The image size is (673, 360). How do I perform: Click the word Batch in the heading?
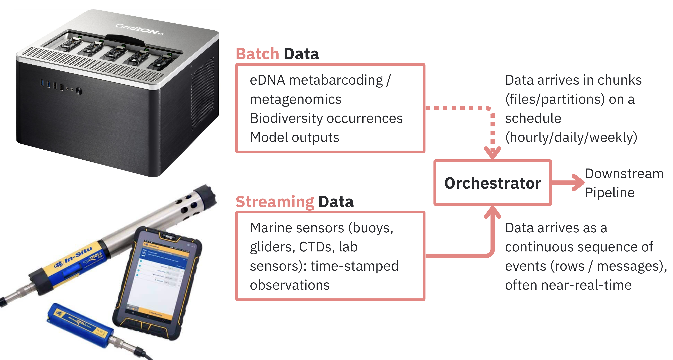point(257,54)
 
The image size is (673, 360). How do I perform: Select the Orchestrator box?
point(492,183)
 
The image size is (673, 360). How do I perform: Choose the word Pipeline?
point(610,193)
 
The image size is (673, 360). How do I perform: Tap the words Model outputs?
point(294,137)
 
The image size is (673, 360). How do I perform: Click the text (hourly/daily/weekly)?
point(571,137)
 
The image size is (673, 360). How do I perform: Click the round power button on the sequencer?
point(79,91)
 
